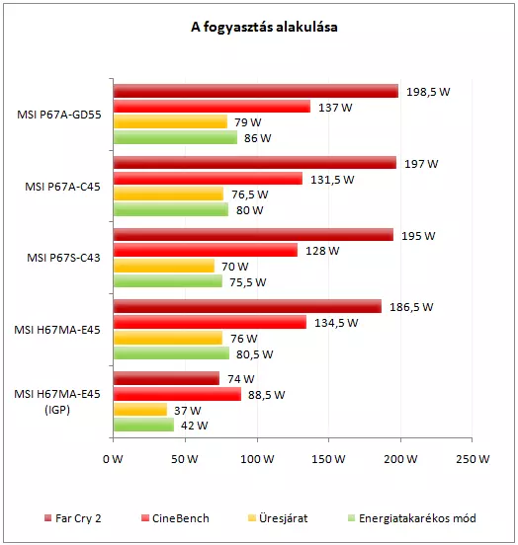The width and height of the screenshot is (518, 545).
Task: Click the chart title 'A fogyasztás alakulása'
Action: tap(264, 27)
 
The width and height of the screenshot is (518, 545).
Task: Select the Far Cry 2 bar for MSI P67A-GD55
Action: tap(256, 91)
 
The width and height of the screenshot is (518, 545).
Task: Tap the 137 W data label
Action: tap(335, 108)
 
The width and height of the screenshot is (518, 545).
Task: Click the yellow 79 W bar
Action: tap(170, 121)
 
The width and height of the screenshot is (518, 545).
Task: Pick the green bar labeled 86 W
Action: tap(175, 137)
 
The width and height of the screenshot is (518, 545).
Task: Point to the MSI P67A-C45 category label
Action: tap(62, 187)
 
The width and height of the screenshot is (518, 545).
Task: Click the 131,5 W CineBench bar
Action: tap(208, 179)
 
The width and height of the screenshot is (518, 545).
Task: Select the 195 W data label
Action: tap(418, 236)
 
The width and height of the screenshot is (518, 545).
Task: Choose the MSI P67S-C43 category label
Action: tap(63, 258)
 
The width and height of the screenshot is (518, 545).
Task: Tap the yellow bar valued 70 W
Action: tap(164, 266)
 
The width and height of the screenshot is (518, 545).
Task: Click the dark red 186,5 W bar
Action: tap(247, 306)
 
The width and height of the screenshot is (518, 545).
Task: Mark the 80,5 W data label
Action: tap(255, 354)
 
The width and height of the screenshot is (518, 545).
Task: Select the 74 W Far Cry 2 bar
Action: tap(166, 378)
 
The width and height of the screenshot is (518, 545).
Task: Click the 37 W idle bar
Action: tap(140, 410)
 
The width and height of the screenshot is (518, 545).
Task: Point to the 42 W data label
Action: tap(194, 426)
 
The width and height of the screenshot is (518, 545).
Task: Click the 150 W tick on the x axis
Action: tap(328, 459)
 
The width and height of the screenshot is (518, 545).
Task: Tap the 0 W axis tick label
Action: tap(113, 459)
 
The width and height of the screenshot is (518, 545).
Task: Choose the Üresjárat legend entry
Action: tap(278, 518)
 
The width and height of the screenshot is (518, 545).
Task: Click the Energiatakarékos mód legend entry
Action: tap(412, 518)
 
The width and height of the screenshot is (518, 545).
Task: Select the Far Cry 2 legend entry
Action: tap(73, 518)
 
